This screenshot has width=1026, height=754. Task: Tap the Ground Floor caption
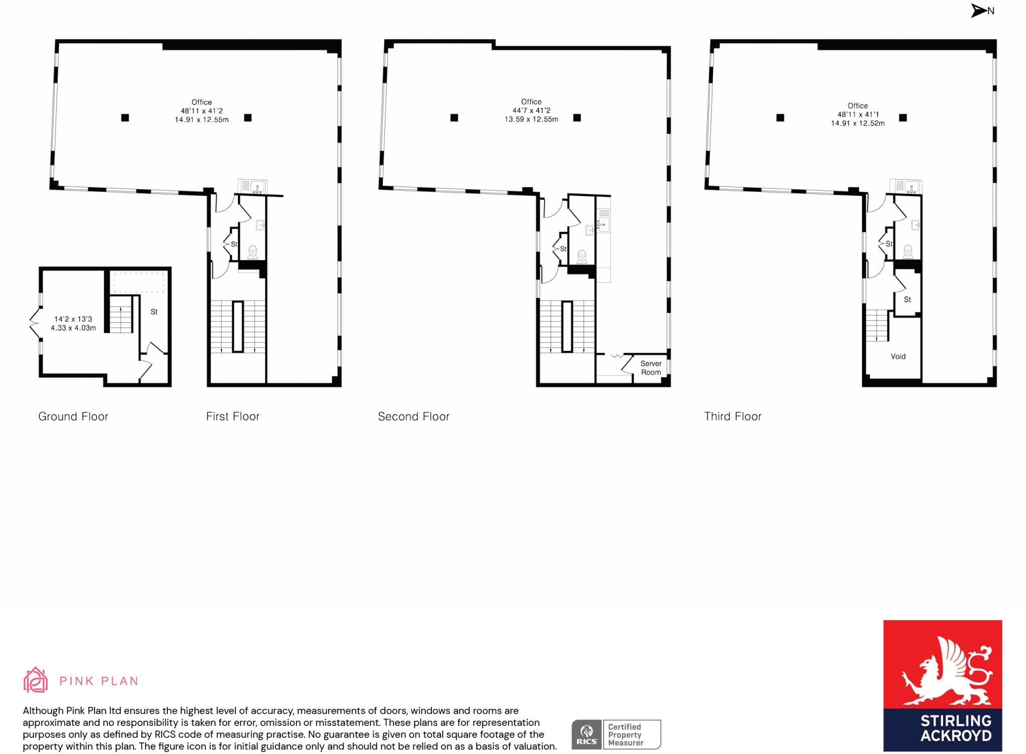[x=73, y=417]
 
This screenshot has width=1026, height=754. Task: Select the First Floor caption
[x=233, y=417]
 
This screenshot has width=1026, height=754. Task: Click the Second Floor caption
[x=414, y=417]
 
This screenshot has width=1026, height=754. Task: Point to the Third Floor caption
[x=733, y=417]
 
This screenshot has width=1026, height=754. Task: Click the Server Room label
[x=651, y=368]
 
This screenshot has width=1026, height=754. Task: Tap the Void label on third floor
[x=898, y=356]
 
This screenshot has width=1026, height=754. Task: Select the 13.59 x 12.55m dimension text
[x=532, y=119]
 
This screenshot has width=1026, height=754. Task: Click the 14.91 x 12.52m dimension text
[x=858, y=123]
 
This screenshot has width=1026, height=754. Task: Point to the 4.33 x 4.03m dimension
[x=73, y=328]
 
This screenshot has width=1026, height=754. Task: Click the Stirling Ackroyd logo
[x=942, y=685]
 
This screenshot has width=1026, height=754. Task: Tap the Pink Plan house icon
[x=36, y=680]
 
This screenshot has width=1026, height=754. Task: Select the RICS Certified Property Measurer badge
[x=616, y=734]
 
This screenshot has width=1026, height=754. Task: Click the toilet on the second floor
[x=582, y=257]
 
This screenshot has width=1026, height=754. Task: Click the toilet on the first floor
[x=252, y=252]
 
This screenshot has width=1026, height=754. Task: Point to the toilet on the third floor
[x=908, y=251]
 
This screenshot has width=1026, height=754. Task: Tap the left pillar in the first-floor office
[x=125, y=118]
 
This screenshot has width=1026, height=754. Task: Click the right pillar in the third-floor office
[x=903, y=118]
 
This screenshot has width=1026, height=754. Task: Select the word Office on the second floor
[x=531, y=102]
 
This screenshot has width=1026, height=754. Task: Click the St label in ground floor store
[x=154, y=312]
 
